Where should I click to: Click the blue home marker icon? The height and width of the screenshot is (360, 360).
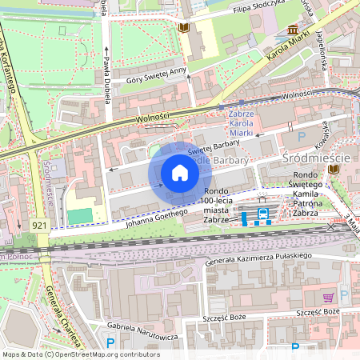[x=180, y=173]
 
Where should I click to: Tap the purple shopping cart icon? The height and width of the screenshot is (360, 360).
[x=327, y=298]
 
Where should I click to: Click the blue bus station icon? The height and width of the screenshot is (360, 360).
[x=262, y=214]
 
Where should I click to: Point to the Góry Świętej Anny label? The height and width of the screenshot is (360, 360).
[x=157, y=76]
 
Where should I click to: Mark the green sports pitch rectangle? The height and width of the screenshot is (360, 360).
[x=79, y=216]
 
